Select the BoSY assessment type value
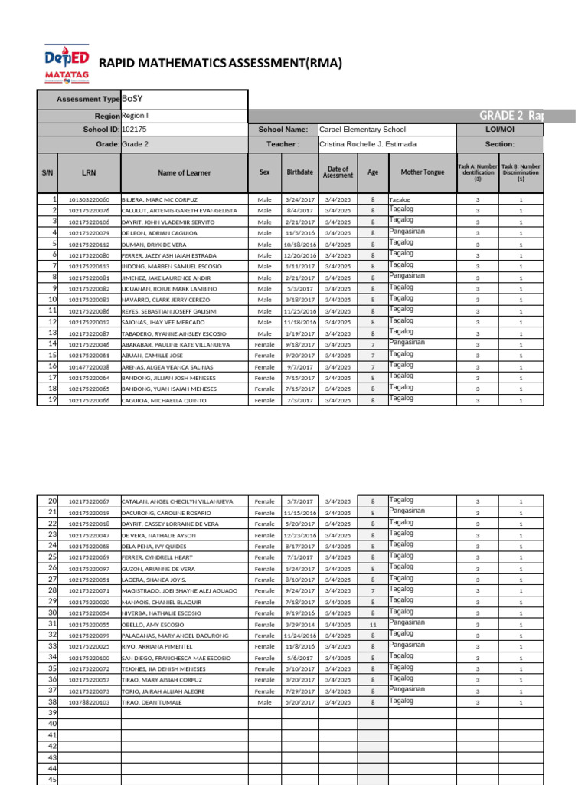point(132,100)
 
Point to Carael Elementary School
point(362,130)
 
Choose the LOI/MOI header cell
point(499,130)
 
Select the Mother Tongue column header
point(422,172)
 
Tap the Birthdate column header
point(299,172)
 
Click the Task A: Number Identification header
point(477,172)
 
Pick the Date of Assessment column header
point(338,172)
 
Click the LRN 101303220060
point(89,199)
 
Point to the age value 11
point(373,625)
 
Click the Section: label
point(499,144)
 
